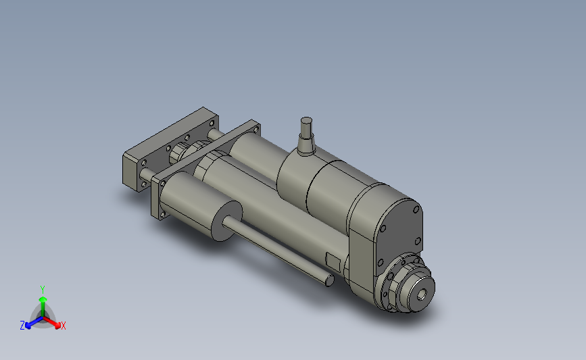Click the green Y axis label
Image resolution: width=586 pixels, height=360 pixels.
point(42,288)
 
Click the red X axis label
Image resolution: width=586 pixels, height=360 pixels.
point(64,326)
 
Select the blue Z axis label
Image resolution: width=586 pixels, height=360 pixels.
point(22,326)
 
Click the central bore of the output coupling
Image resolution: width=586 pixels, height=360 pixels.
point(422,294)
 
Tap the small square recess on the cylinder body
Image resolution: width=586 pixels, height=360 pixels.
point(333,261)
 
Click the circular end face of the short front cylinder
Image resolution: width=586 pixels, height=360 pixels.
point(223,221)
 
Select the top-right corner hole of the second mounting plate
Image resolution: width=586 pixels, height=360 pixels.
point(255,128)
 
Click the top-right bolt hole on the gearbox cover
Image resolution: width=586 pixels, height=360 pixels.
point(414,210)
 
